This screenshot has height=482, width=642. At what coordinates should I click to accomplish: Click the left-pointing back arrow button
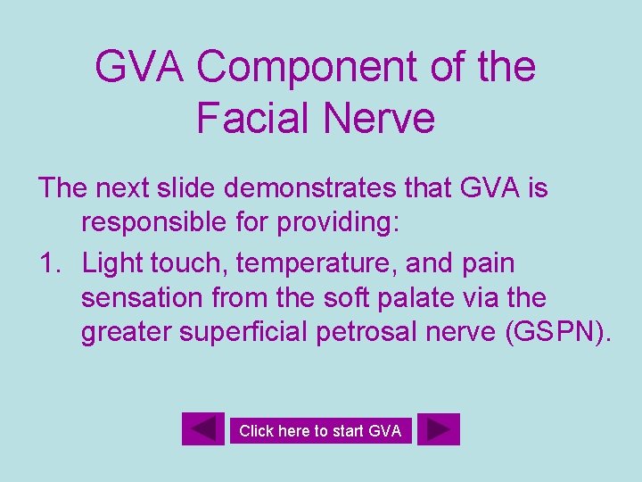203,429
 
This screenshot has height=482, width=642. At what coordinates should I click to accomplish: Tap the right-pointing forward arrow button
438,429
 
